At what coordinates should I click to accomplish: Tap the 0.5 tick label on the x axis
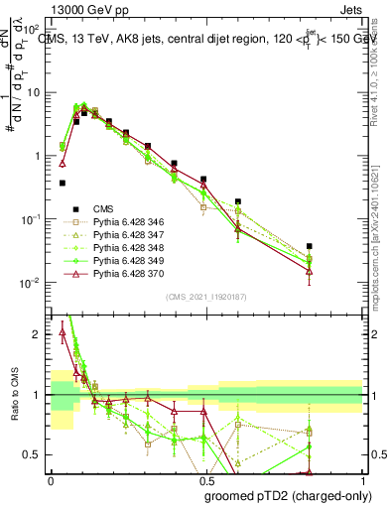click(207, 478)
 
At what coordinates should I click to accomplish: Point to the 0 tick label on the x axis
click(51, 478)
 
